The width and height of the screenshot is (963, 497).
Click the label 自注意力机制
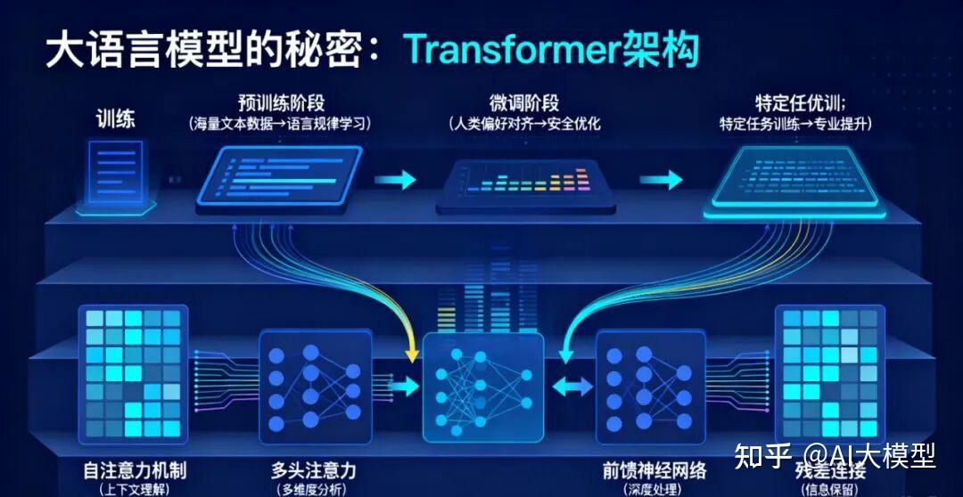pos(133,468)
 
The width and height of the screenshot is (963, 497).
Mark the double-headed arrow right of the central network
pos(572,386)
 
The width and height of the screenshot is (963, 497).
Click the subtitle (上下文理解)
pos(133,489)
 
